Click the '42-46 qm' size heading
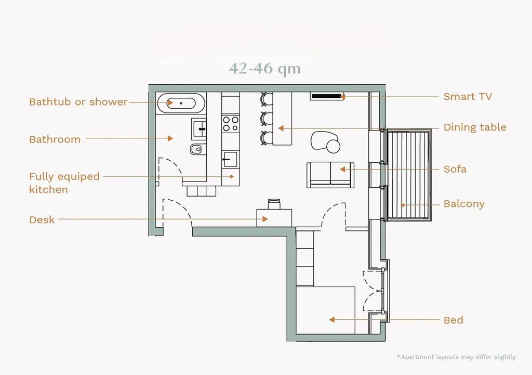pyautogui.click(x=264, y=68)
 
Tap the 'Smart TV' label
pyautogui.click(x=467, y=96)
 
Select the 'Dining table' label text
pyautogui.click(x=475, y=127)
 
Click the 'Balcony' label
pyautogui.click(x=464, y=204)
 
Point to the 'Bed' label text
pyautogui.click(x=453, y=320)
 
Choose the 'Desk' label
pyautogui.click(x=42, y=220)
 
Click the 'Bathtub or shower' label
pyautogui.click(x=78, y=102)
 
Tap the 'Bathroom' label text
pyautogui.click(x=55, y=139)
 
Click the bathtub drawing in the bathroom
pyautogui.click(x=181, y=103)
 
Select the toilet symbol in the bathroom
pyautogui.click(x=196, y=149)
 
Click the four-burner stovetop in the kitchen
pyautogui.click(x=231, y=124)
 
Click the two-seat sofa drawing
pyautogui.click(x=330, y=175)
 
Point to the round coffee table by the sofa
pyautogui.click(x=333, y=146)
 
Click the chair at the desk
pyautogui.click(x=274, y=204)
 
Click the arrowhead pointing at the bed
pyautogui.click(x=332, y=320)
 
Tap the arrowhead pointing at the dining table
pyautogui.click(x=281, y=128)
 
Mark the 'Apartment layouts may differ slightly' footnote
pyautogui.click(x=456, y=357)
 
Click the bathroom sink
pyautogui.click(x=199, y=129)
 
